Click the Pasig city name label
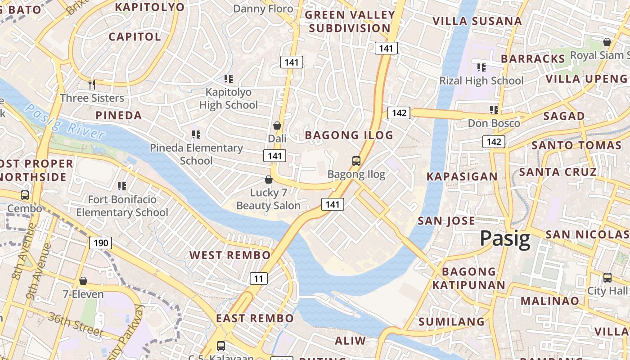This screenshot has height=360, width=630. (x=505, y=238)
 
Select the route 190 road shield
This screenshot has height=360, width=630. (x=100, y=243)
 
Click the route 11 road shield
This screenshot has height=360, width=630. (x=258, y=279)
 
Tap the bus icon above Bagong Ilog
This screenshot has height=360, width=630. (x=356, y=161)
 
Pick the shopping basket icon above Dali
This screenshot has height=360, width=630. (x=277, y=126)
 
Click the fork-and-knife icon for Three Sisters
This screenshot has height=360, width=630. (x=92, y=84)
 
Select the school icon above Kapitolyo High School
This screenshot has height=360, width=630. (x=229, y=79)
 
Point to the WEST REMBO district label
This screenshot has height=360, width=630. (x=230, y=255)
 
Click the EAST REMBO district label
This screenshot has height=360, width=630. (x=255, y=319)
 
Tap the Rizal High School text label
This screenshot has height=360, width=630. (x=481, y=81)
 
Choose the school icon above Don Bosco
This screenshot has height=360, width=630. (x=494, y=110)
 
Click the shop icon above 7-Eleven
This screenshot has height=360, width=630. (x=83, y=281)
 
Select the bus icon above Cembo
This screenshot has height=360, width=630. (x=25, y=195)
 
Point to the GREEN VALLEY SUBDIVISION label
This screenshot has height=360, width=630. (x=350, y=22)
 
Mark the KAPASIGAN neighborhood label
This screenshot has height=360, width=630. (x=462, y=176)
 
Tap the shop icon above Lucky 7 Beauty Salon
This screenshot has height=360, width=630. (x=269, y=180)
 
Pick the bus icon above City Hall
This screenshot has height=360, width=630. (x=607, y=277)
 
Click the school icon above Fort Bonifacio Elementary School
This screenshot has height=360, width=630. (x=121, y=186)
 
